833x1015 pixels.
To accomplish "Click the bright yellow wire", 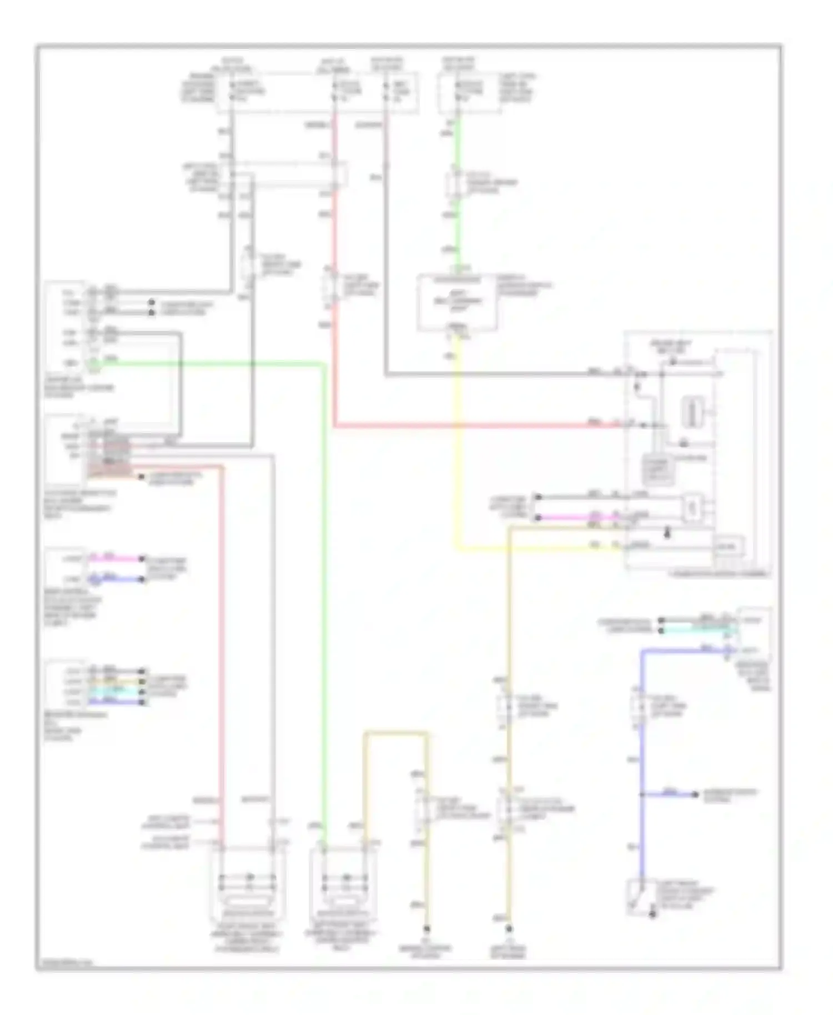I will click(457, 444).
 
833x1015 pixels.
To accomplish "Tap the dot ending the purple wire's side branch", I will click(695, 795).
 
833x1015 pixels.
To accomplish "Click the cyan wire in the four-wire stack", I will click(117, 692).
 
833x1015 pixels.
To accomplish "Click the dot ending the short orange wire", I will click(142, 477).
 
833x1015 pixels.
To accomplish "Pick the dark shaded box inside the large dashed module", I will click(658, 469).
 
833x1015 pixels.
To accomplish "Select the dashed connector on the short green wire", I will click(455, 184).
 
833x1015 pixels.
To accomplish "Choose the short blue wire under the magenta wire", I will click(117, 579).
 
